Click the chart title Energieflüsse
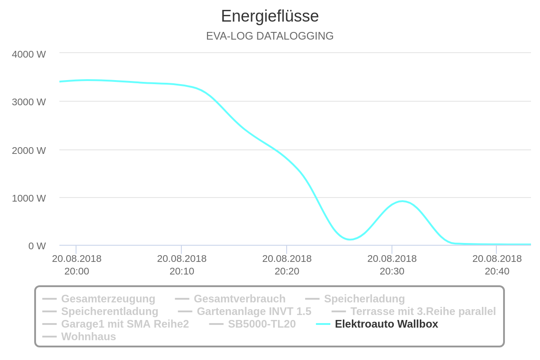[270, 16]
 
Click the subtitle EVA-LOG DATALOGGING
[270, 36]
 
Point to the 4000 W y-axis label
[29, 54]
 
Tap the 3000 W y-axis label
[29, 102]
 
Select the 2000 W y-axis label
[29, 150]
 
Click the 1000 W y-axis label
[29, 198]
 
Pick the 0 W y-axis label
[37, 246]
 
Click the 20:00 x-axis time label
[76, 265]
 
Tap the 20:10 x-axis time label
[182, 265]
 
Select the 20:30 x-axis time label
[392, 265]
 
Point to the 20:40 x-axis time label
[497, 265]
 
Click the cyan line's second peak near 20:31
[402, 201]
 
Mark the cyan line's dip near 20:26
[350, 239]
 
